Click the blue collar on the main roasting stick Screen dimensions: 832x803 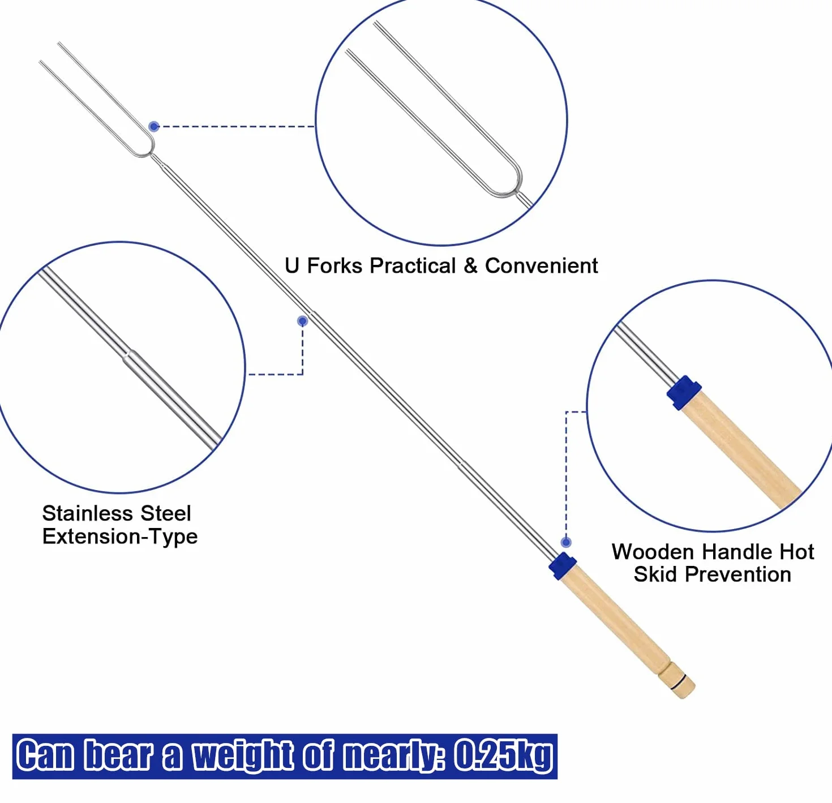click(x=563, y=566)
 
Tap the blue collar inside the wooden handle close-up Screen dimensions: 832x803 click(x=684, y=393)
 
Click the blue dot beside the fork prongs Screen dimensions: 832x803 click(x=154, y=127)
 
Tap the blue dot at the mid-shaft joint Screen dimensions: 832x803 click(x=303, y=321)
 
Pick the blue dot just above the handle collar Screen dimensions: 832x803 click(x=566, y=543)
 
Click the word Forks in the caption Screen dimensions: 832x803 click(x=334, y=266)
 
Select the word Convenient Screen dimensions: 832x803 click(x=541, y=266)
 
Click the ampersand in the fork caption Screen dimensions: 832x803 click(x=470, y=266)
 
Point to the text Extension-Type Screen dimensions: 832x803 click(x=120, y=536)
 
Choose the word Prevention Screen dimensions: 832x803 click(x=738, y=574)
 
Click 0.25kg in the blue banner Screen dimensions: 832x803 click(x=503, y=755)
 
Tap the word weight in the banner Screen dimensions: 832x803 click(x=243, y=757)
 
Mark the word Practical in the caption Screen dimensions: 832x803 click(x=413, y=266)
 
